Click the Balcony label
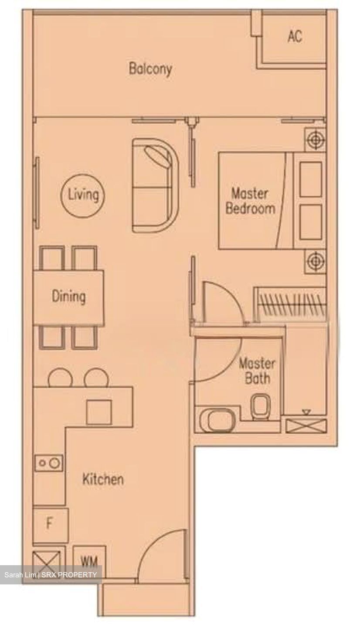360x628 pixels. coord(150,69)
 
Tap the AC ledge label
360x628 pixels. coord(295,36)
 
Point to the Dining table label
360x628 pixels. coord(68,297)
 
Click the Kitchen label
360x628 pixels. coord(103,479)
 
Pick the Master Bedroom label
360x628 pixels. coord(250,201)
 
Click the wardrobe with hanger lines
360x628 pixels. coord(290,304)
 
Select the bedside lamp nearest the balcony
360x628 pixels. coord(316,140)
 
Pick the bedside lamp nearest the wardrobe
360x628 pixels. coord(316,261)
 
